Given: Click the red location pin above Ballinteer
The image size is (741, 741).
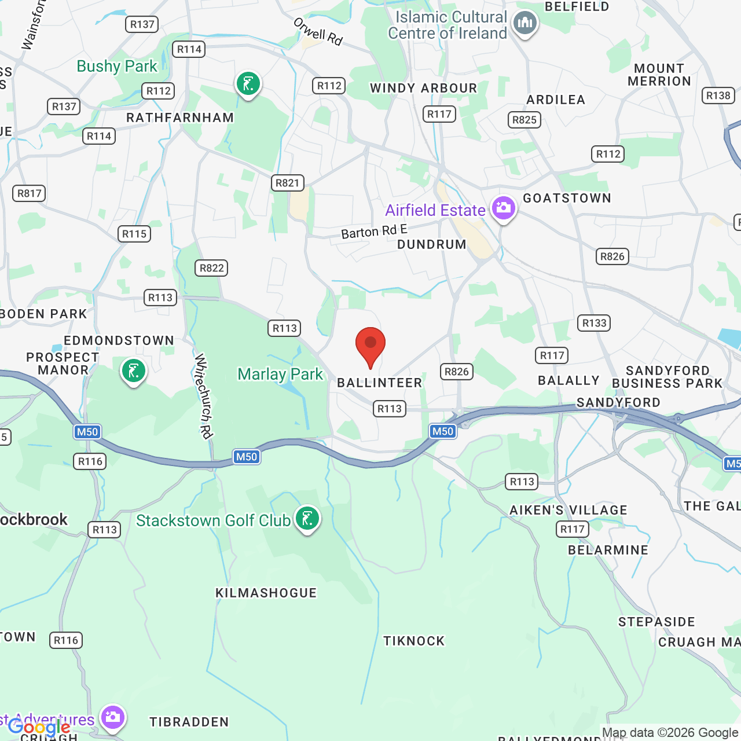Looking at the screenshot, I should point(370,345).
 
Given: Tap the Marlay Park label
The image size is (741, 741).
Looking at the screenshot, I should point(280,375).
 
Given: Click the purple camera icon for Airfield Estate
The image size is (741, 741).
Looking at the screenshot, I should point(503,208).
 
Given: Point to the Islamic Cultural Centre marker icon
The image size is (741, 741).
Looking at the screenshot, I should point(525,24).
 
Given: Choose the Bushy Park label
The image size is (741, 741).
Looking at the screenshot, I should point(117,67).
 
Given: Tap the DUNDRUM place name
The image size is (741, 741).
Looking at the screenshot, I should point(432,244).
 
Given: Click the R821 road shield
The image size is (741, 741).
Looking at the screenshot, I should point(287,183).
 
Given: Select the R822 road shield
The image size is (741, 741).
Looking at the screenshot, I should point(211,268).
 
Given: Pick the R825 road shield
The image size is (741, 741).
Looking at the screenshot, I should point(524,120).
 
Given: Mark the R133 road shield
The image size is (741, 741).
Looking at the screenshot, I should point(594,323).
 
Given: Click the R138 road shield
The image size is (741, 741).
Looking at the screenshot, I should point(718,96).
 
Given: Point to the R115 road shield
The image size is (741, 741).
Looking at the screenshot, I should point(134,234).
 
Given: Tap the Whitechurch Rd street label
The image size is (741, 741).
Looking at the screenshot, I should point(204,397).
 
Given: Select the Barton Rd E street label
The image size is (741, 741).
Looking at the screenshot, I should point(374,232).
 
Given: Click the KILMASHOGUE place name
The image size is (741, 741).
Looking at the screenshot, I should point(266,593).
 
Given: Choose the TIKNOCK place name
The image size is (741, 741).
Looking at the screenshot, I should point(414,641).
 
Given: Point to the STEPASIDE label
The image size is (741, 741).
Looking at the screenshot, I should point(656,622).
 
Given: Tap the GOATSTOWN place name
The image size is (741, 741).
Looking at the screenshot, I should point(567,198).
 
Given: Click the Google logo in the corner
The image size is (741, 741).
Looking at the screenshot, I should point(39,727).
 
